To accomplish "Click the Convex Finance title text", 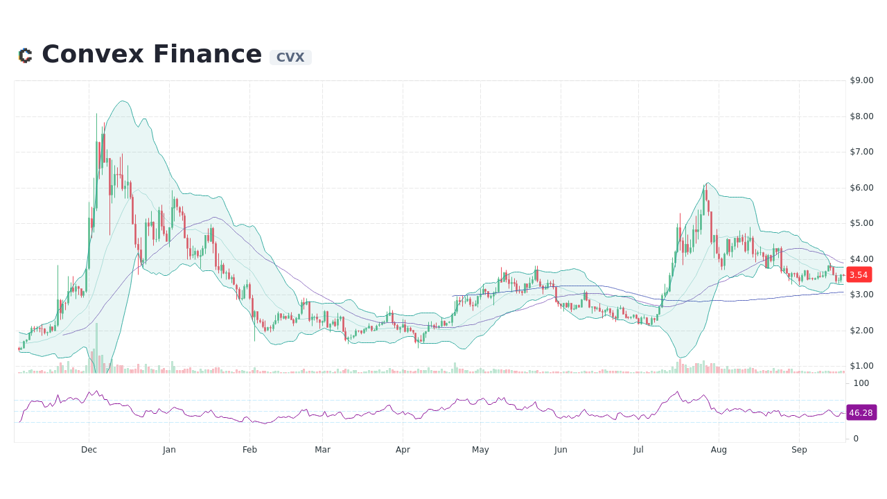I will pyautogui.click(x=152, y=55).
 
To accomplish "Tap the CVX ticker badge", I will pyautogui.click(x=290, y=58).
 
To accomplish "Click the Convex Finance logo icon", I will pyautogui.click(x=25, y=55).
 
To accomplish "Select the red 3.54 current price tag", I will pyautogui.click(x=859, y=275).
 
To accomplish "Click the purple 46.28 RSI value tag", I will pyautogui.click(x=861, y=412).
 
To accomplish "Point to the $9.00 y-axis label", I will pyautogui.click(x=861, y=80).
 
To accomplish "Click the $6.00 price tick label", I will pyautogui.click(x=861, y=188).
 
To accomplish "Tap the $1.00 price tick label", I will pyautogui.click(x=861, y=366).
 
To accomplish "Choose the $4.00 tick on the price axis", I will pyautogui.click(x=861, y=259).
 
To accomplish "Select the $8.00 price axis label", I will pyautogui.click(x=861, y=116).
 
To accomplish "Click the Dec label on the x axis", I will pyautogui.click(x=89, y=450).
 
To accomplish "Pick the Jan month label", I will pyautogui.click(x=169, y=450).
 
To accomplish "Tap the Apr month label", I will pyautogui.click(x=403, y=450).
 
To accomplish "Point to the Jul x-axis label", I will pyautogui.click(x=638, y=450).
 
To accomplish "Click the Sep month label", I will pyautogui.click(x=799, y=450).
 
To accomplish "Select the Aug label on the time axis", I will pyautogui.click(x=719, y=450).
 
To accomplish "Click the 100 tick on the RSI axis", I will pyautogui.click(x=861, y=383).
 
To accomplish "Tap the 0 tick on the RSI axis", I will pyautogui.click(x=856, y=439).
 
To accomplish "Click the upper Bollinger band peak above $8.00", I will pyautogui.click(x=123, y=101).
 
